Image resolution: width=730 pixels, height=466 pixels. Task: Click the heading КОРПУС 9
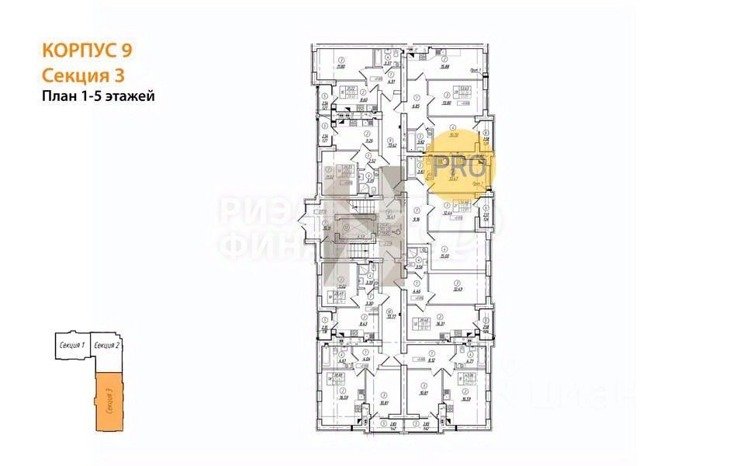[86, 51]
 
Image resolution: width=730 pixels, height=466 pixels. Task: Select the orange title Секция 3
[82, 75]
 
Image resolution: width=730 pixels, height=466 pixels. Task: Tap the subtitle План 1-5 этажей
[99, 96]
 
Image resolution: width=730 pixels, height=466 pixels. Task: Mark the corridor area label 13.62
[392, 144]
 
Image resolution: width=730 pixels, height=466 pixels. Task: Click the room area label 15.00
[445, 256]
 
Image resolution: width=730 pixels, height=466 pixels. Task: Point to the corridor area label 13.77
[392, 316]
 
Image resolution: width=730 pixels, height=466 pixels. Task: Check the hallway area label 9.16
[417, 219]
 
